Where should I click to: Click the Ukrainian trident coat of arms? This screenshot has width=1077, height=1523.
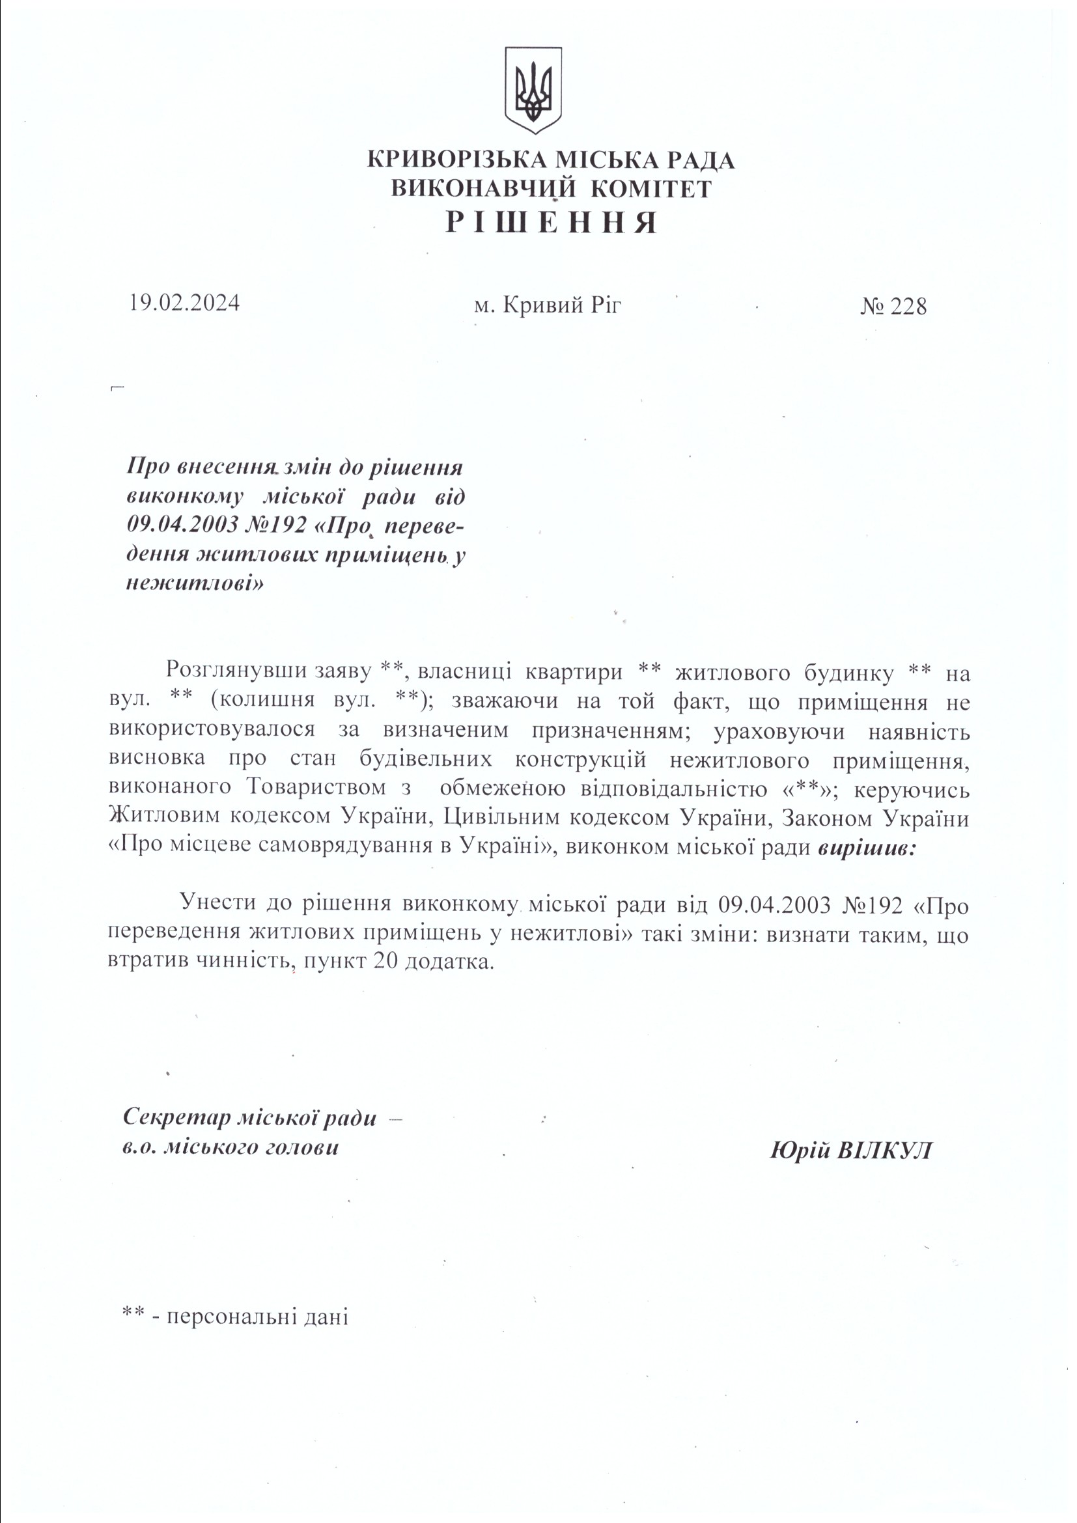533,91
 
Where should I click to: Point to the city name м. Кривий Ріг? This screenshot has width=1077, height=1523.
548,305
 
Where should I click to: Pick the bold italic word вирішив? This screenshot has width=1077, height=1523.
866,848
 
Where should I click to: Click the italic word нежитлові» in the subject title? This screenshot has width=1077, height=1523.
194,583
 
